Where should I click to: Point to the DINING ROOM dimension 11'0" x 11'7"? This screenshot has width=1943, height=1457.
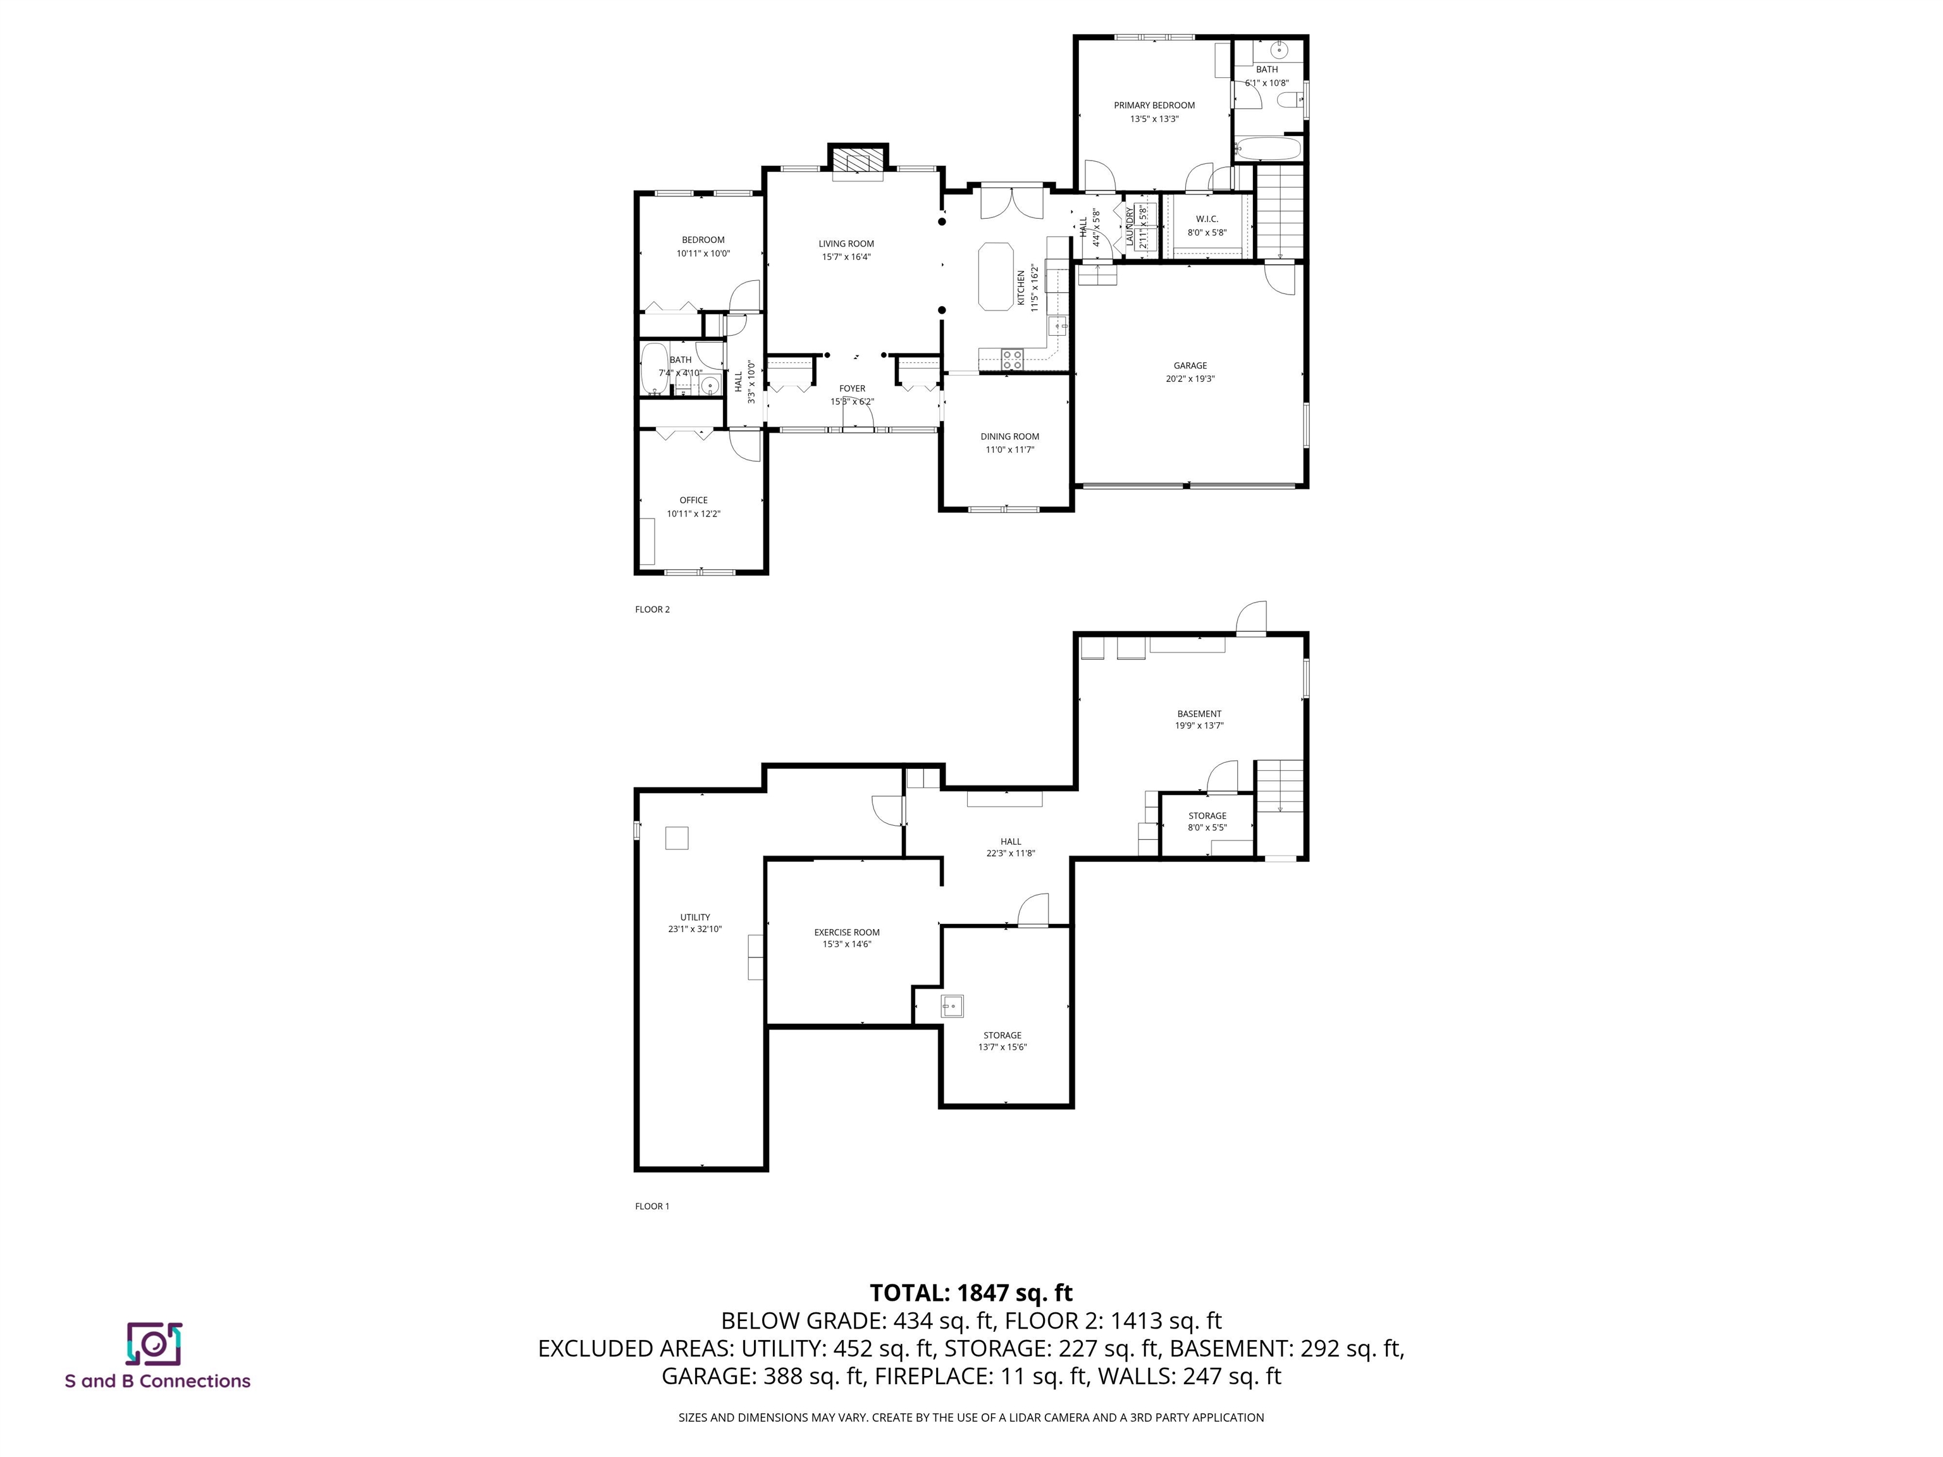1009,450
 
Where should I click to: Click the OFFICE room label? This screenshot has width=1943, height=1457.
693,500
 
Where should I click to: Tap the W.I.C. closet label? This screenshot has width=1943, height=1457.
1206,219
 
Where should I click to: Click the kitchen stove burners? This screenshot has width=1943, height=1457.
1012,357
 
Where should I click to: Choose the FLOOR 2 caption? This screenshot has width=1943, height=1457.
651,610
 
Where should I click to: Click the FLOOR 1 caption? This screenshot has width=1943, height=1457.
651,1206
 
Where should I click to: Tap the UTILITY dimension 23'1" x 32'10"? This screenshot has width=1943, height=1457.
695,928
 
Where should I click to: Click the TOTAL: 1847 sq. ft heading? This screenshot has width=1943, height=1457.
971,1293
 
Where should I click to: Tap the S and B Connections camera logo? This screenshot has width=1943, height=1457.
154,1344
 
